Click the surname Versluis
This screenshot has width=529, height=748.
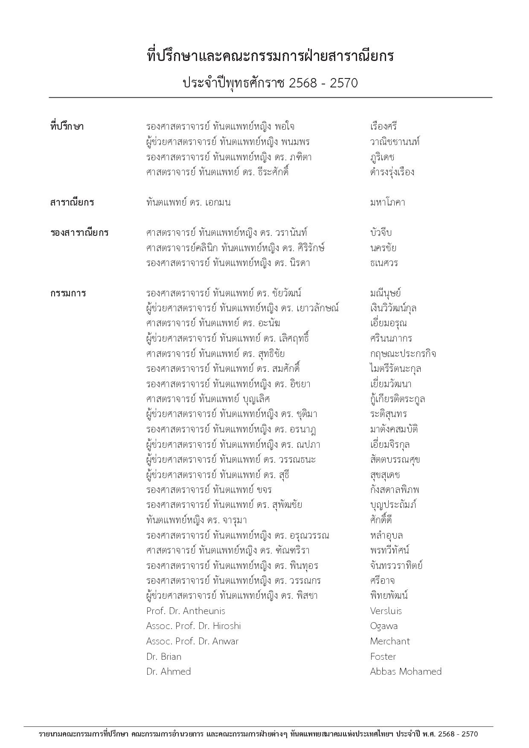click(386, 611)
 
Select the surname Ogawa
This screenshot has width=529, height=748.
click(384, 626)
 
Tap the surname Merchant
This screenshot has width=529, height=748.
click(389, 641)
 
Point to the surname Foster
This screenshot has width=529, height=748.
click(383, 656)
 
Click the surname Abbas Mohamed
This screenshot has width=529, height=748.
click(405, 671)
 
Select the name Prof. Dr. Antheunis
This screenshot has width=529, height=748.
click(185, 611)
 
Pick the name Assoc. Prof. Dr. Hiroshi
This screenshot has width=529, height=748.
click(193, 626)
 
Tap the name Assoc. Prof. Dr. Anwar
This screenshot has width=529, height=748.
click(192, 641)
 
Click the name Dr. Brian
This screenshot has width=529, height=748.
click(163, 656)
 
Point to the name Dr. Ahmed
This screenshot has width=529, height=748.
click(168, 671)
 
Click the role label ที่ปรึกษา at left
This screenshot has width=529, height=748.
click(67, 127)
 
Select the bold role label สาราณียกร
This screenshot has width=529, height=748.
click(72, 203)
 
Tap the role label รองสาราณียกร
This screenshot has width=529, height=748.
click(79, 233)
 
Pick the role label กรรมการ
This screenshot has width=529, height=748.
click(68, 293)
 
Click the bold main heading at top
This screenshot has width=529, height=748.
click(270, 56)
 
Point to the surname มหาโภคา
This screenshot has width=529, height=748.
click(387, 203)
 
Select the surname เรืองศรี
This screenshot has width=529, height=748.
click(384, 127)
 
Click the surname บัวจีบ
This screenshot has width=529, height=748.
click(381, 233)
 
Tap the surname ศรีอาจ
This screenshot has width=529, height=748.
click(382, 580)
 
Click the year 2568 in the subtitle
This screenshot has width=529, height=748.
click(303, 83)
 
